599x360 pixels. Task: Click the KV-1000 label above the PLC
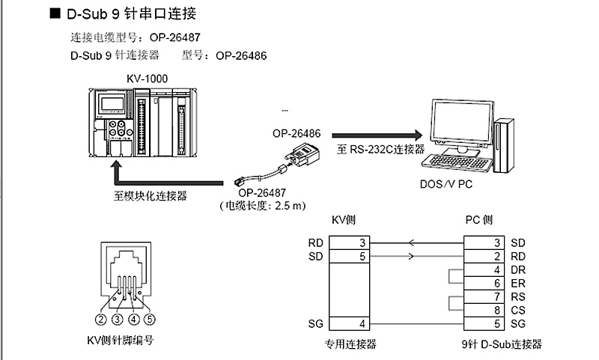tap(147, 79)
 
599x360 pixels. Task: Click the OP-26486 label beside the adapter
tap(297, 134)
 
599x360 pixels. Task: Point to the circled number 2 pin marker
tap(100, 320)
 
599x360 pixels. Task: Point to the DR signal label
tap(517, 270)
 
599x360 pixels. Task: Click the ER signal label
tap(517, 284)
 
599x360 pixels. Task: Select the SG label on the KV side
tap(315, 324)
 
